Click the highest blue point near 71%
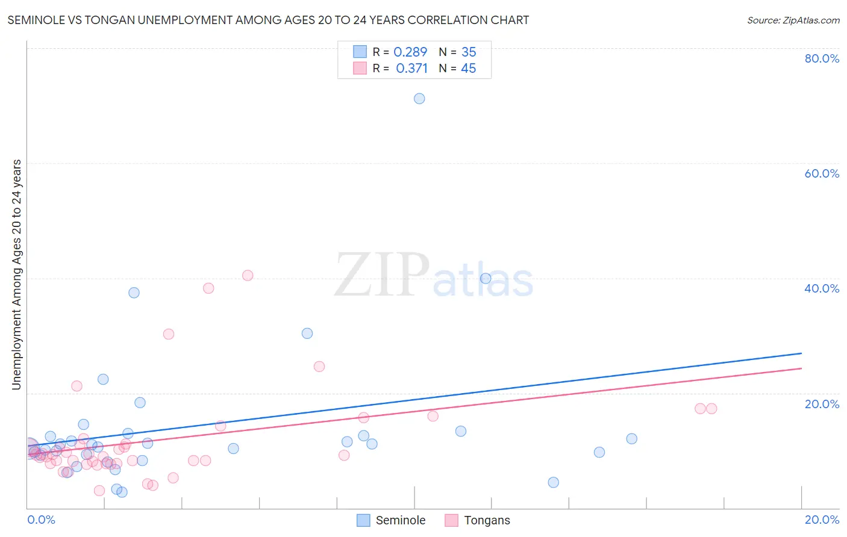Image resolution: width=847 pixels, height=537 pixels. tap(419, 99)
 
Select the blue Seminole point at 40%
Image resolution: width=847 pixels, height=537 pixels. tap(486, 278)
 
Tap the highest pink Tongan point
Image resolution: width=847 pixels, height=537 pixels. tap(248, 275)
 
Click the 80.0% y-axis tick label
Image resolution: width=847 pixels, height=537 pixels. tap(822, 58)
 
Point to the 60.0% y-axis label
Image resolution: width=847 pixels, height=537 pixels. tap(822, 173)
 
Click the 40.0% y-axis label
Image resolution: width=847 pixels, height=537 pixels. tap(822, 288)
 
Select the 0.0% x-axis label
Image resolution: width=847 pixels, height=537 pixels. tap(41, 520)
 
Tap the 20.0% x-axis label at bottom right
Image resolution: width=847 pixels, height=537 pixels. tap(822, 520)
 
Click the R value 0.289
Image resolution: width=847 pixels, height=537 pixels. tap(410, 52)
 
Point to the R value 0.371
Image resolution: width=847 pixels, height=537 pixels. tap(411, 69)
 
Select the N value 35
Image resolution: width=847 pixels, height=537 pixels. tap(469, 52)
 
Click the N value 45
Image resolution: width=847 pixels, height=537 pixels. tap(469, 69)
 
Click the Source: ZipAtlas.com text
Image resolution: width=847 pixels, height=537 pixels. tap(793, 20)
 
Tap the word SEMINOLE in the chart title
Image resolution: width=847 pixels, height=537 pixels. tap(35, 20)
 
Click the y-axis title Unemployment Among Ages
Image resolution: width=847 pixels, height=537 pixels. tap(17, 274)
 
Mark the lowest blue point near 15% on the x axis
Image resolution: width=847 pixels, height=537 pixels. tap(554, 482)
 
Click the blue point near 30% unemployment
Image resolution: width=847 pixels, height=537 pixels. tap(307, 333)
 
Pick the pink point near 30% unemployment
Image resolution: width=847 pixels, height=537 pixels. tap(169, 334)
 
